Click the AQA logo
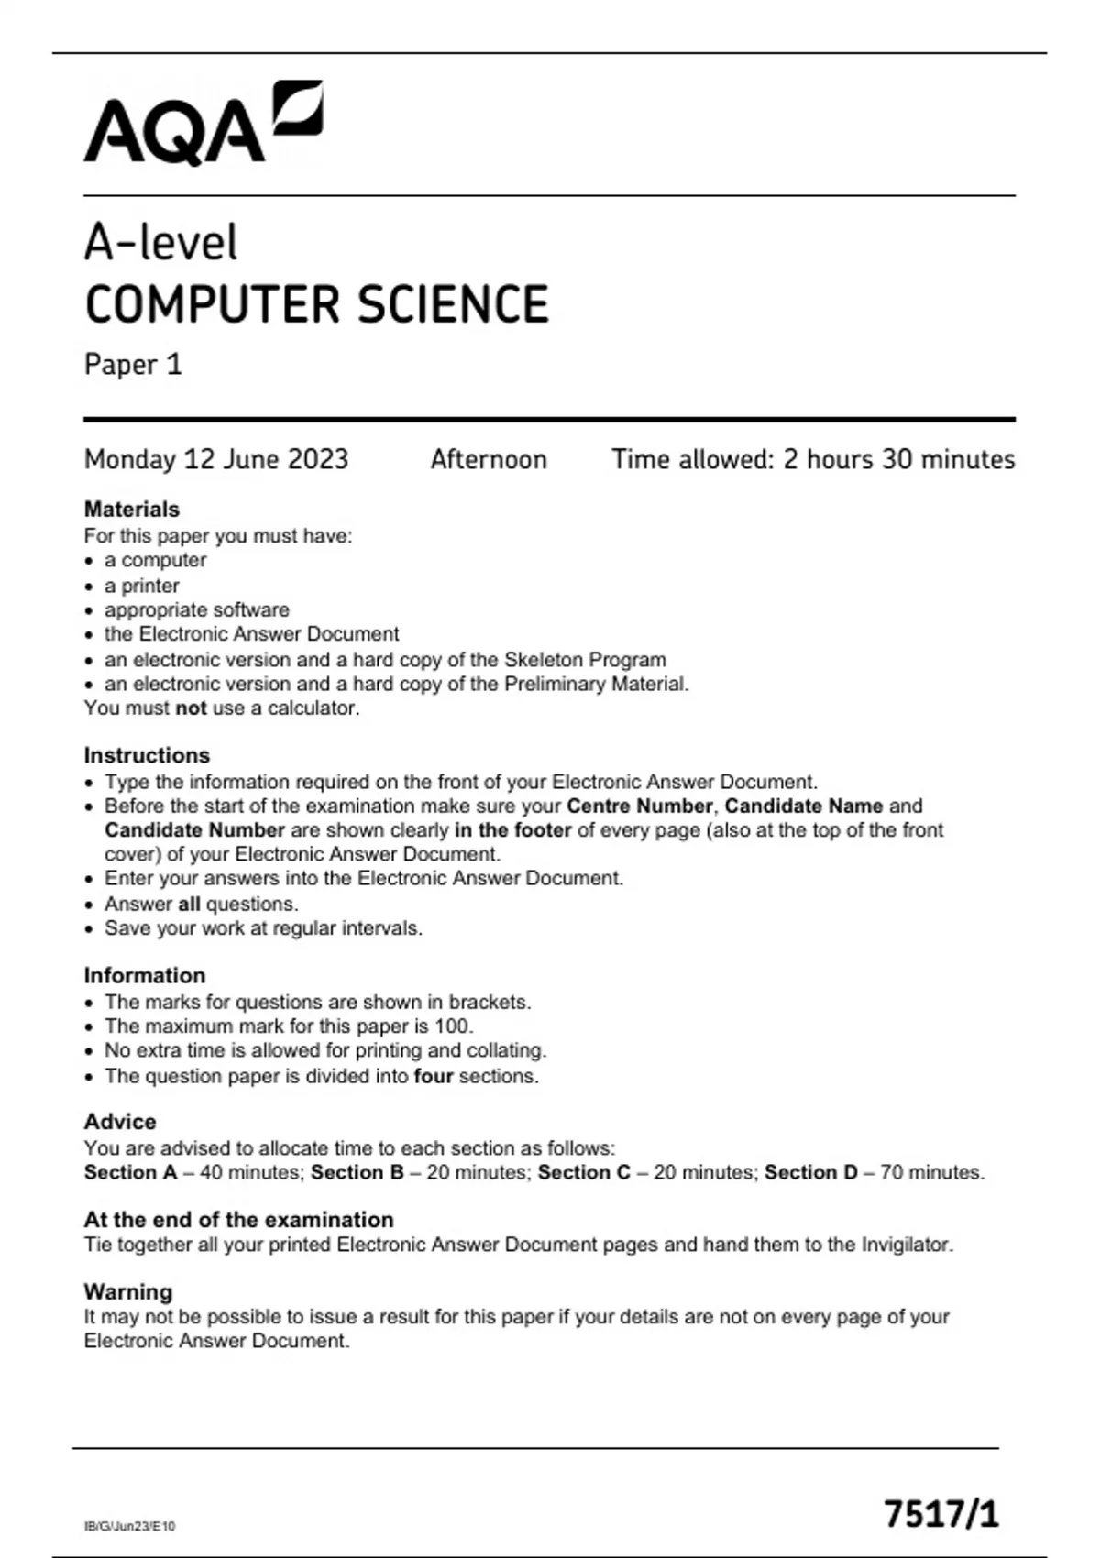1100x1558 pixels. pos(203,124)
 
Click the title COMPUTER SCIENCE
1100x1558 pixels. pos(316,304)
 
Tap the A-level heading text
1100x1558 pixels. pos(160,243)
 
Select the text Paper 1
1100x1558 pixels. pos(133,365)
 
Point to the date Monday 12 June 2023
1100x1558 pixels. pos(216,459)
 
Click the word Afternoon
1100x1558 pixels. pos(489,459)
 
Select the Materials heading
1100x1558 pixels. pos(131,510)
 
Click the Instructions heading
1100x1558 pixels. pos(147,755)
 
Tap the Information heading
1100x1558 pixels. pos(144,975)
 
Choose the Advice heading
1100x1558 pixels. pos(120,1122)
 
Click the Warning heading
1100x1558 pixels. pos(127,1292)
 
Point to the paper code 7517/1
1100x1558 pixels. pos(940,1514)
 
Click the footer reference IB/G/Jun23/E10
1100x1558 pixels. pos(129,1526)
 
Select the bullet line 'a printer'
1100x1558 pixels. pos(141,586)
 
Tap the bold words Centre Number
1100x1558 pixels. pos(639,806)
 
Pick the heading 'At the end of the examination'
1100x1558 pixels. pos(238,1220)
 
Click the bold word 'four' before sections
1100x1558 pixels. pos(434,1076)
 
